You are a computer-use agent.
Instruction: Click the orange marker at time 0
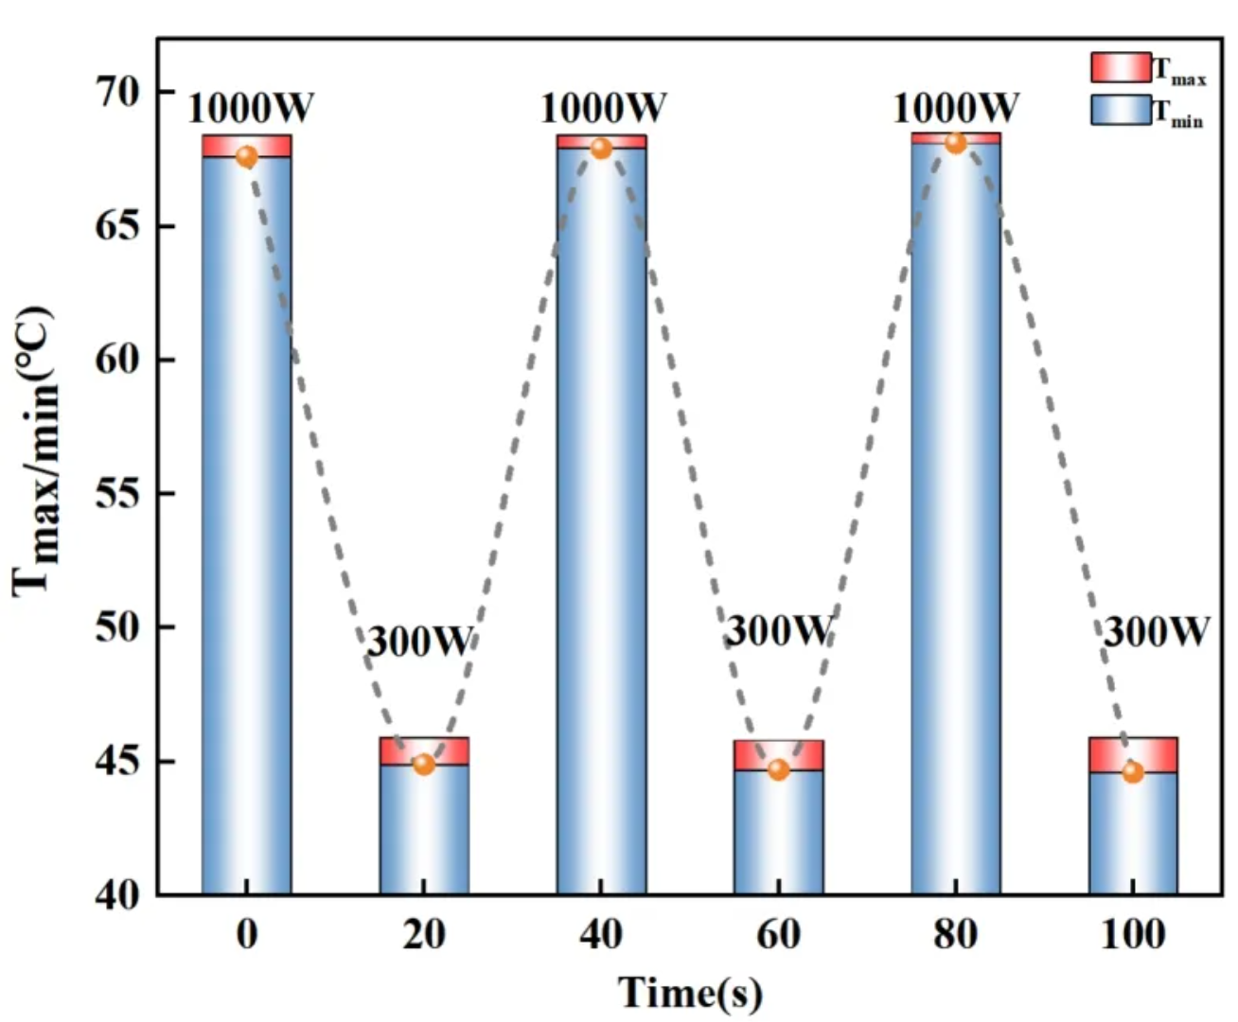(x=246, y=157)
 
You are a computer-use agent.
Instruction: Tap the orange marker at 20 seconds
(x=424, y=764)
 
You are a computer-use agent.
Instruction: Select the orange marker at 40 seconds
(x=601, y=149)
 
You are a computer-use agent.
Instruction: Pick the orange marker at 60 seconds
(x=778, y=769)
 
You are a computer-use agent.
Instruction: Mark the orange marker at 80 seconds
(x=955, y=143)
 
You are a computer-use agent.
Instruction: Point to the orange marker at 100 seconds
(x=1133, y=772)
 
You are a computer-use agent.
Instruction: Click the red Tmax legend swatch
(x=1121, y=68)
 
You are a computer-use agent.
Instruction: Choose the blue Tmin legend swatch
(x=1121, y=110)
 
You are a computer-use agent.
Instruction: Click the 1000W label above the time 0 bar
(x=250, y=109)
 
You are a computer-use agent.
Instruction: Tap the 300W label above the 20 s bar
(x=418, y=643)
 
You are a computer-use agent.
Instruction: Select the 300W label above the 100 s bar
(x=1157, y=631)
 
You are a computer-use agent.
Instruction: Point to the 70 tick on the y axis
(x=117, y=92)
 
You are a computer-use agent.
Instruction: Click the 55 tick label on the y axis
(x=117, y=494)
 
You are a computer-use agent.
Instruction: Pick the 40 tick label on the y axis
(x=117, y=894)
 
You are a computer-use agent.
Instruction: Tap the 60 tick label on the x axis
(x=778, y=935)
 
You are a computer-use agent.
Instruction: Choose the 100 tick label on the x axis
(x=1133, y=935)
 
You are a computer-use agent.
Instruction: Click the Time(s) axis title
(x=690, y=993)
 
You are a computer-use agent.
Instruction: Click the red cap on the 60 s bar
(x=778, y=754)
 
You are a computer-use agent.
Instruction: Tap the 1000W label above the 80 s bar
(x=955, y=109)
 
